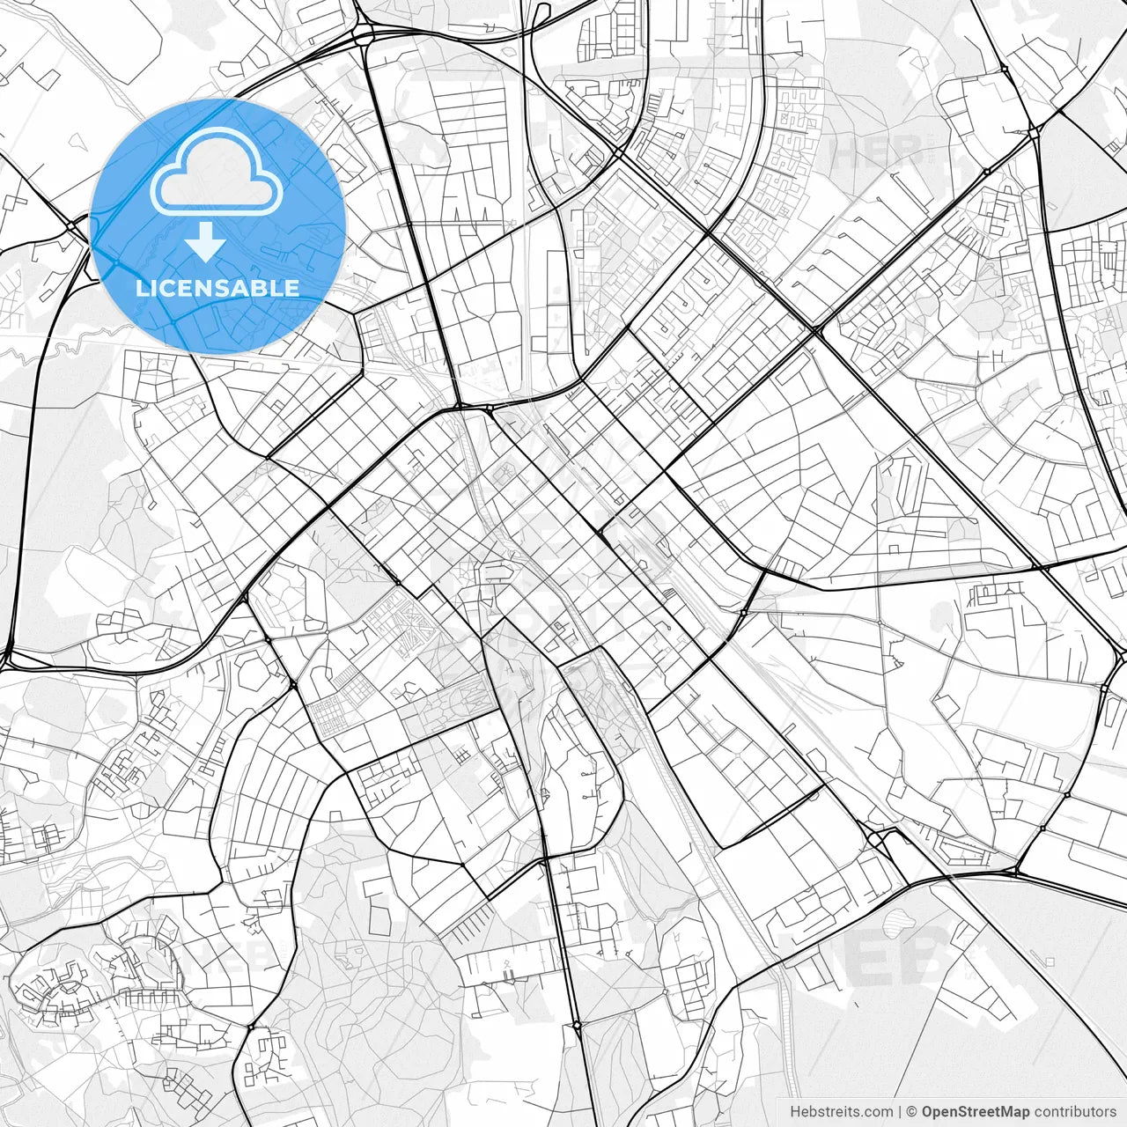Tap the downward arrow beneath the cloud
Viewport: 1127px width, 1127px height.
click(x=206, y=242)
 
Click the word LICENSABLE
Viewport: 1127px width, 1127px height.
click(x=217, y=288)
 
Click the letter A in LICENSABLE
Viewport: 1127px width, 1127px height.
click(x=246, y=288)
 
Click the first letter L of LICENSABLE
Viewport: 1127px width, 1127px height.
click(x=143, y=288)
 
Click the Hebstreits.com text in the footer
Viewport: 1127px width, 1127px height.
click(x=841, y=1112)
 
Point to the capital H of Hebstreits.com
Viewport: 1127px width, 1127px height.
click(x=795, y=1112)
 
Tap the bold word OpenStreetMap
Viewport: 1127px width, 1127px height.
click(x=976, y=1112)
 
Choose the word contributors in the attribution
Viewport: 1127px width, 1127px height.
click(x=1075, y=1112)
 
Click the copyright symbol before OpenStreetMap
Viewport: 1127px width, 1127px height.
click(x=913, y=1112)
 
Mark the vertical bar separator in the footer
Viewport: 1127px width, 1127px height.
click(x=901, y=1112)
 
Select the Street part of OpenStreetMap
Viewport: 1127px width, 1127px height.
click(x=976, y=1112)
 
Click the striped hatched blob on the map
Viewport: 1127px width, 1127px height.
click(x=898, y=924)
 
